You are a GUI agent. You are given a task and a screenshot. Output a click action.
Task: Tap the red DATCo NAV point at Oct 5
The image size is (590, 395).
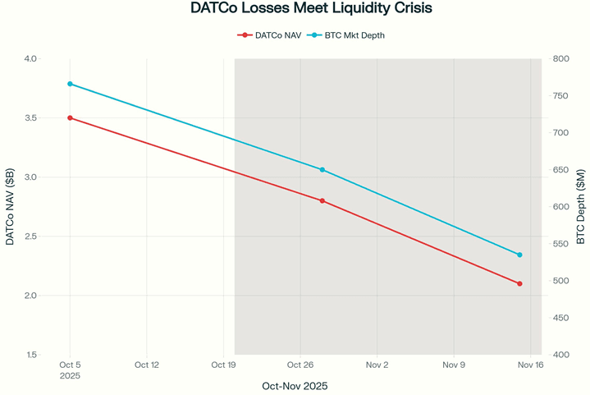tap(70, 117)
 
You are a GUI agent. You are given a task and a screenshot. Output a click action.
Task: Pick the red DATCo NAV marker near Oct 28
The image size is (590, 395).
tap(322, 200)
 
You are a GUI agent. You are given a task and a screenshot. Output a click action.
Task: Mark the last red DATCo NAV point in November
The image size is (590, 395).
tap(519, 283)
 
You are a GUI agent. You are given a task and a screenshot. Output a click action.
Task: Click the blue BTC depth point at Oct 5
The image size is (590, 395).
tap(70, 84)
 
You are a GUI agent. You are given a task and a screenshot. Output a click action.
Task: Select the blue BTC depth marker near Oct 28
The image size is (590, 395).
tap(322, 170)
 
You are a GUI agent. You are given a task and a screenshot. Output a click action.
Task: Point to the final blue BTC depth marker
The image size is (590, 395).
tap(519, 255)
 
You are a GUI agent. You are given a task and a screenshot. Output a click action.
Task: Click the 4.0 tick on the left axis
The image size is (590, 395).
tap(30, 59)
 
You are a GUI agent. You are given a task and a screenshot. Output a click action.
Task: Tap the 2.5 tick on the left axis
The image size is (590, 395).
tap(30, 237)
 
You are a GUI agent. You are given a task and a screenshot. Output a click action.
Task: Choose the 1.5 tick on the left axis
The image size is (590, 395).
tap(30, 355)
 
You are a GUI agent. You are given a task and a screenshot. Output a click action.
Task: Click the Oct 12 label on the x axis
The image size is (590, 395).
tap(147, 365)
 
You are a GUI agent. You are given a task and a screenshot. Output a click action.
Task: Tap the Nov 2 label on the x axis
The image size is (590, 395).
tap(377, 365)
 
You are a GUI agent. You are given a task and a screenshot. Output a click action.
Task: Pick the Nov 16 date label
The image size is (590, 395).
tap(529, 365)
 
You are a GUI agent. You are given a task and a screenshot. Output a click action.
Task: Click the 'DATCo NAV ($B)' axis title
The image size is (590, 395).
tap(10, 207)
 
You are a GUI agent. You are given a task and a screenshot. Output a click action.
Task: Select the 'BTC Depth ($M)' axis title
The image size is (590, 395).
tap(581, 207)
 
